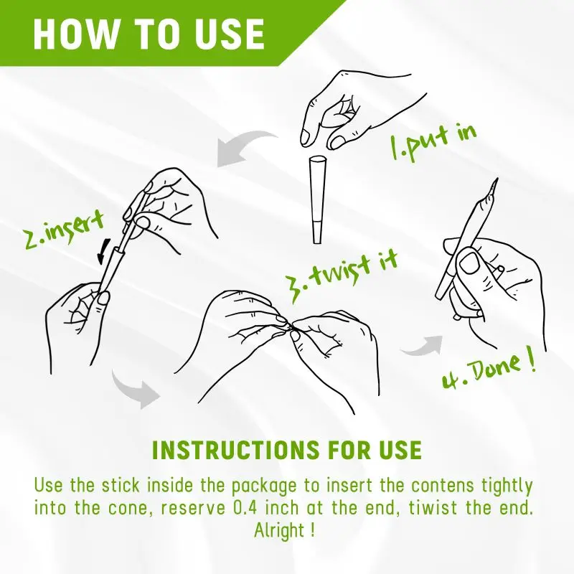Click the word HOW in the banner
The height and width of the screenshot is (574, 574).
(74, 33)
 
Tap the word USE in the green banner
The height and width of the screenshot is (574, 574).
(230, 33)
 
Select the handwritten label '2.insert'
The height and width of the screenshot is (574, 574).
(63, 231)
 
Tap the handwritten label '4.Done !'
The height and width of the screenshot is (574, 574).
(489, 370)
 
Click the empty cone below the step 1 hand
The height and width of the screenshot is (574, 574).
(317, 199)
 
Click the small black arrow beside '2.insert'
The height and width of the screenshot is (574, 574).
(103, 252)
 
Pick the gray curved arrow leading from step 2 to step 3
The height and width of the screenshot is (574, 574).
(134, 391)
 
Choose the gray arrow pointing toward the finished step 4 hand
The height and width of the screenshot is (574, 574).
(422, 347)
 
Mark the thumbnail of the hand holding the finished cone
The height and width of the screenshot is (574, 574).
(469, 263)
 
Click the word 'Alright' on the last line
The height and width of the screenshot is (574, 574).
(279, 530)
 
